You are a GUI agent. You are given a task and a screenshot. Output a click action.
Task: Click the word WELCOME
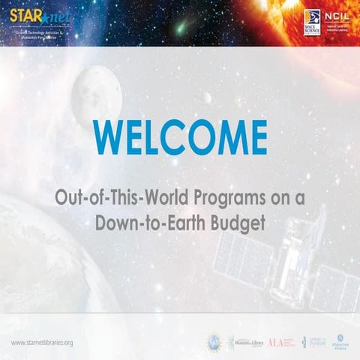pyautogui.click(x=181, y=137)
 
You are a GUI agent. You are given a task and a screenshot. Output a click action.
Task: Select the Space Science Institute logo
pyautogui.click(x=312, y=22)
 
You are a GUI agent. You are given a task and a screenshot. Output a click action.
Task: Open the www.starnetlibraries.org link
pyautogui.click(x=42, y=342)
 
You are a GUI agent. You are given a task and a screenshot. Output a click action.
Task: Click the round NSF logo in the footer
pyautogui.click(x=214, y=342)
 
